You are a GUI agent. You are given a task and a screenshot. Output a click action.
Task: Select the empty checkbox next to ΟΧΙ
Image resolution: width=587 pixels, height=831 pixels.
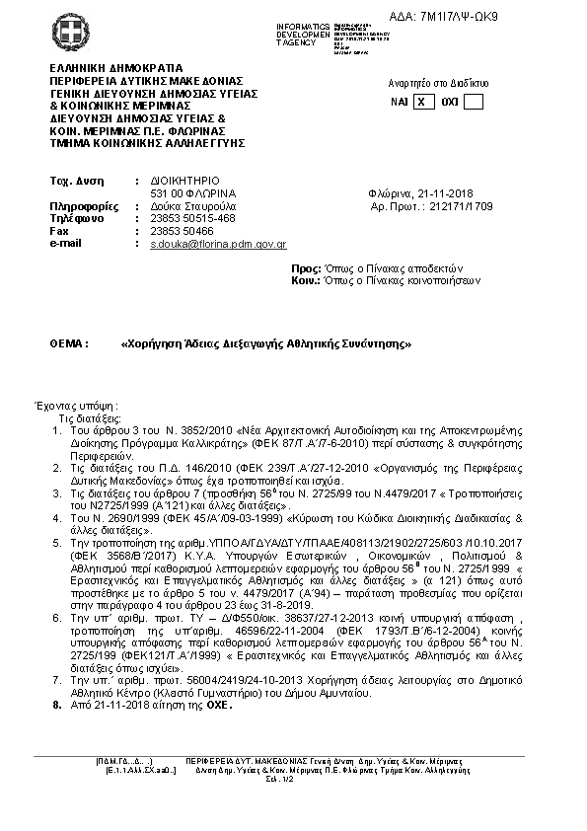tap(473, 101)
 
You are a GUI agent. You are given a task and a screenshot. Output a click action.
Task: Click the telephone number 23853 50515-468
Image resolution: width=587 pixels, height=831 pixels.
tap(192, 218)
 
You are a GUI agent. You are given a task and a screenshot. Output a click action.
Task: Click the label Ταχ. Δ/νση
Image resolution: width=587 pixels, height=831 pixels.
tap(77, 182)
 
